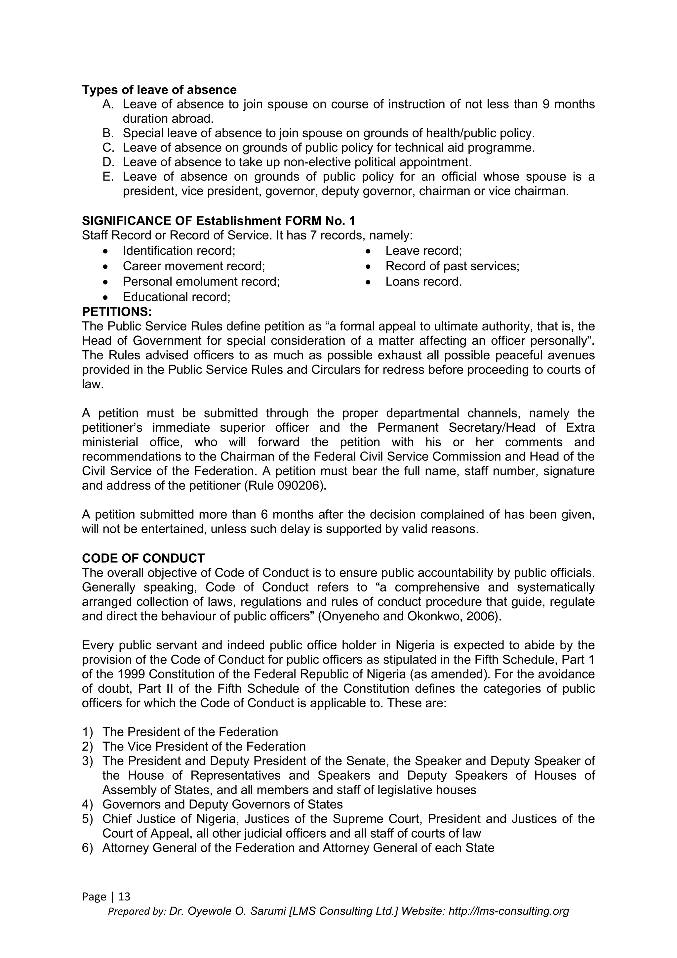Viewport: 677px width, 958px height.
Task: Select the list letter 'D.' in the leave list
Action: point(108,162)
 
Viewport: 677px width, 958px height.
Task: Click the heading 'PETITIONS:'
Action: point(117,312)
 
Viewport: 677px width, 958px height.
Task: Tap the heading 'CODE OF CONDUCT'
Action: point(143,558)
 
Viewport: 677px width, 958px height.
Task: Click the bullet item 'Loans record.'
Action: point(423,282)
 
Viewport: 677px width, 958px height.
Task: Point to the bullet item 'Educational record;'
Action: point(176,297)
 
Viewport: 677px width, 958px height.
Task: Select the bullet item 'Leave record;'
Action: point(423,251)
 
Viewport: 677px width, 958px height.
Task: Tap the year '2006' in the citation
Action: point(484,616)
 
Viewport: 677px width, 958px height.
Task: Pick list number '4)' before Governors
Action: point(87,805)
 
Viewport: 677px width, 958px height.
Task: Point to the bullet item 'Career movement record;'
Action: point(193,266)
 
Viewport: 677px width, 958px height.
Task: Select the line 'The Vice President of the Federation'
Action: point(204,747)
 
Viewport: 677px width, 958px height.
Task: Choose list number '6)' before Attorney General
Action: point(87,848)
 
